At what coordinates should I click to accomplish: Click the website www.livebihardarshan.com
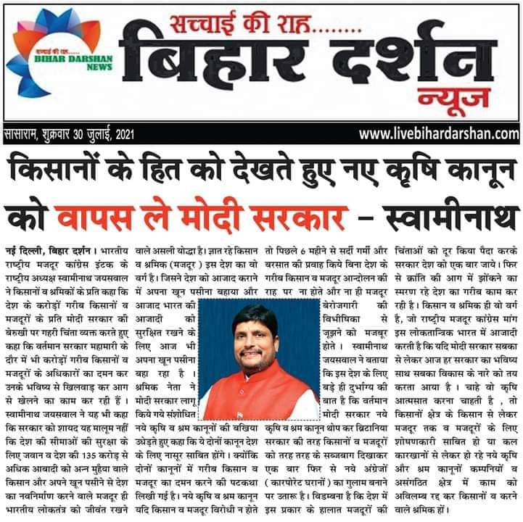click(440, 134)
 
